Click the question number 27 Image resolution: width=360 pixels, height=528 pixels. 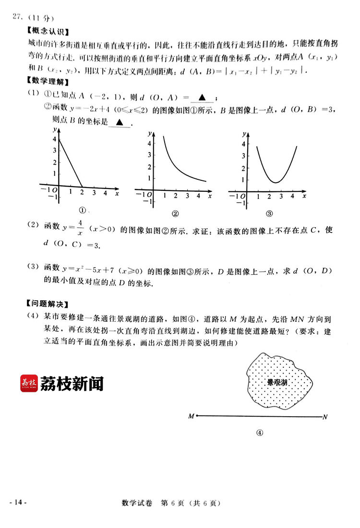[17, 18]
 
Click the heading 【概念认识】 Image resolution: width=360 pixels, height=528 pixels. [48, 32]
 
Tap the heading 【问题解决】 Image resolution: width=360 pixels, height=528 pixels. [48, 304]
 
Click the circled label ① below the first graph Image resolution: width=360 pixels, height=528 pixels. [82, 210]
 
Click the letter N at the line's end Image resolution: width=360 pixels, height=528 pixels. [325, 417]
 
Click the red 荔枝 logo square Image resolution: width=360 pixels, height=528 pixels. [29, 383]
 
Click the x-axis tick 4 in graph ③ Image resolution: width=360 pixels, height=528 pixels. [292, 196]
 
